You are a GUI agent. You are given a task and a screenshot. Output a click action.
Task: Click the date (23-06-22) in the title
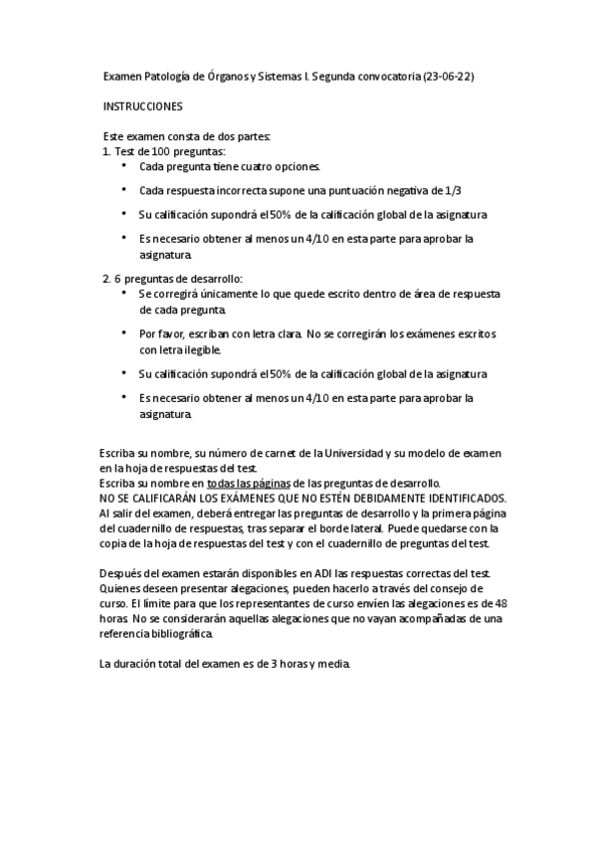coord(448,76)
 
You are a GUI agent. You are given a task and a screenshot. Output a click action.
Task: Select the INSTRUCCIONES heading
coord(143,105)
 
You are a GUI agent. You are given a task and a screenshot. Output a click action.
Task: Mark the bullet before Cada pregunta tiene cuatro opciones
coord(123,166)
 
